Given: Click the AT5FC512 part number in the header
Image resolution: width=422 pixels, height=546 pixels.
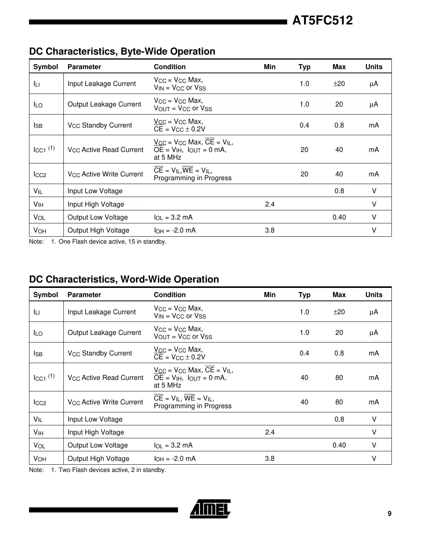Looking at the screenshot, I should click(322, 20).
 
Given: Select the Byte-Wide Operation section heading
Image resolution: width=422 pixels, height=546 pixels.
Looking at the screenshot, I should click(122, 52).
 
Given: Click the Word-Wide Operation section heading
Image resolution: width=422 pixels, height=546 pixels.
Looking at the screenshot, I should click(124, 279).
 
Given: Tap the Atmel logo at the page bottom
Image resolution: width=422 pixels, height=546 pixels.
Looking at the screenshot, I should click(210, 509).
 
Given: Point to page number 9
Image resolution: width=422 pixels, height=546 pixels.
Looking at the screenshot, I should click(389, 514).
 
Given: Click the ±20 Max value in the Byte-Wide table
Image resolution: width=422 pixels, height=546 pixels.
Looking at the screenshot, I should click(339, 84).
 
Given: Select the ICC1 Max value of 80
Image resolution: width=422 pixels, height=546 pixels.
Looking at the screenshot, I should click(339, 378).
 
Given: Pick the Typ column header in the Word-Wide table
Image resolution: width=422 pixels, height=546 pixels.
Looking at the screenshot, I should click(304, 295).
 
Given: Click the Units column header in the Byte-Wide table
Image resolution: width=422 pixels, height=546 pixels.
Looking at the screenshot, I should click(373, 67).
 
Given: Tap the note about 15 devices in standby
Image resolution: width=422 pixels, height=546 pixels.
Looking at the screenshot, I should click(112, 242).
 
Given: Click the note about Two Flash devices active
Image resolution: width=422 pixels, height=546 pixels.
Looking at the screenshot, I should click(112, 470).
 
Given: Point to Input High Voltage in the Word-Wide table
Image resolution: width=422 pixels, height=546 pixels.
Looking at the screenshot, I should click(96, 432).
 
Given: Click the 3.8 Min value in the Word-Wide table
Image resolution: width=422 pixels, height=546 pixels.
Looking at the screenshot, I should click(270, 459).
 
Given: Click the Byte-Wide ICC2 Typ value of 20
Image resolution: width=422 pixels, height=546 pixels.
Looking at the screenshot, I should click(304, 174).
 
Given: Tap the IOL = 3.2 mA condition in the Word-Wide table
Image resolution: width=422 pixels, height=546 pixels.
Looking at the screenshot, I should click(173, 446).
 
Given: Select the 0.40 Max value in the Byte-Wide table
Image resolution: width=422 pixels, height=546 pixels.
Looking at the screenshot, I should click(339, 217).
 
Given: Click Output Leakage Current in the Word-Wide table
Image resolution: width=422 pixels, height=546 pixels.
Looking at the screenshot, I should click(104, 333).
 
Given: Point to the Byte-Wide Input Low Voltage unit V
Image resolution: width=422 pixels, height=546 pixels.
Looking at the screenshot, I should click(374, 191).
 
